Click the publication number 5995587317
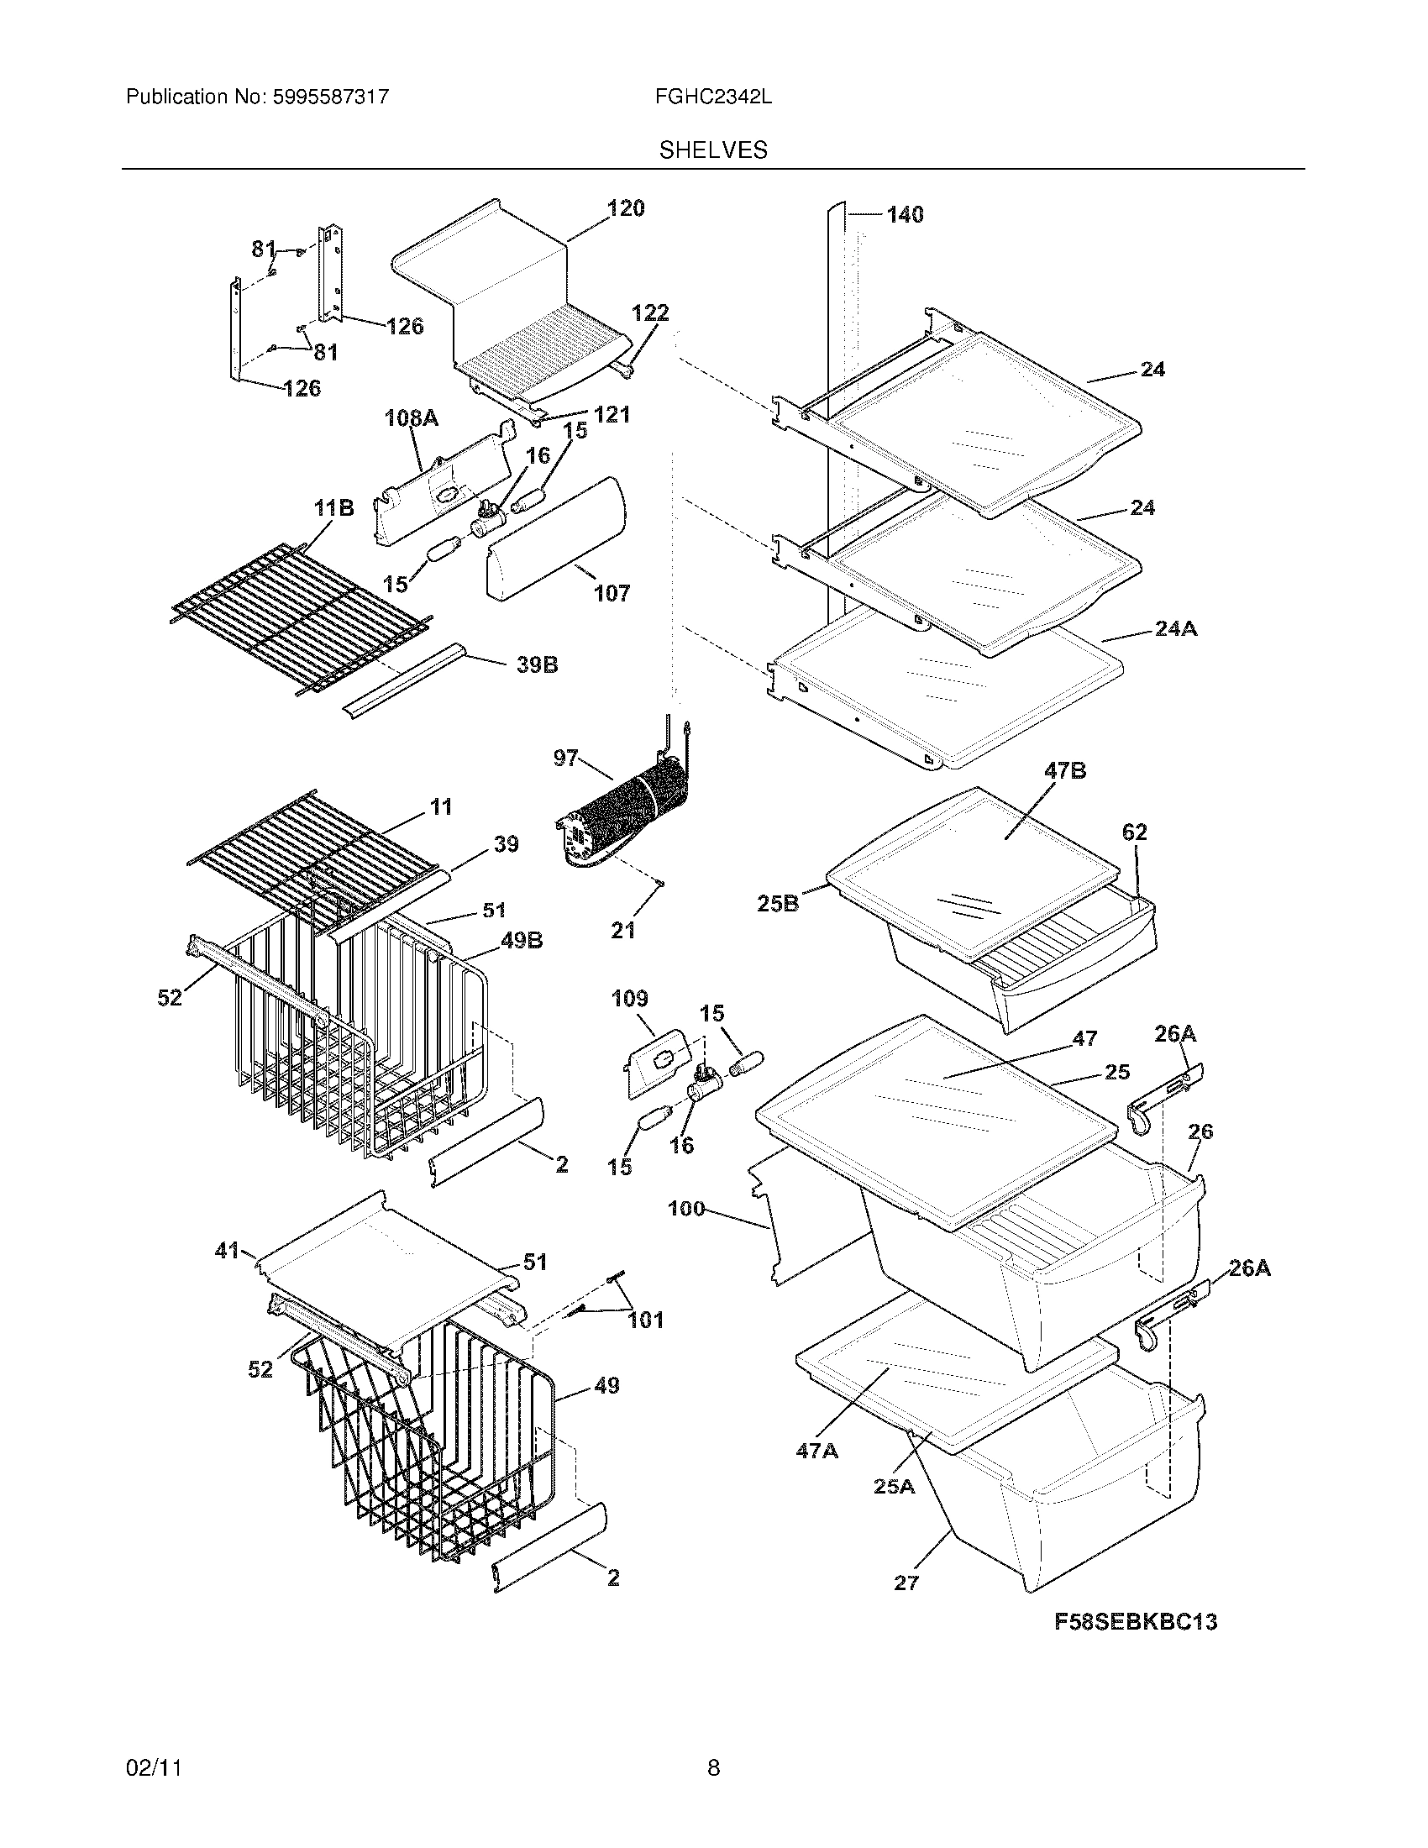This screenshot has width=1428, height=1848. pyautogui.click(x=331, y=97)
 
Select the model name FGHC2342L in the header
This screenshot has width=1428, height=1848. pyautogui.click(x=712, y=97)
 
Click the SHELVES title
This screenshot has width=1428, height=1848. pyautogui.click(x=713, y=150)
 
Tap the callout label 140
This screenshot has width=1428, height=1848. pyautogui.click(x=905, y=215)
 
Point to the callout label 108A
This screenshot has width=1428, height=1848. pyautogui.click(x=412, y=418)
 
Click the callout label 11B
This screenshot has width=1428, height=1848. pyautogui.click(x=333, y=508)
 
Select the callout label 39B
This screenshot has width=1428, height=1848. pyautogui.click(x=537, y=665)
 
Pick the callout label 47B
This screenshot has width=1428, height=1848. pyautogui.click(x=1065, y=771)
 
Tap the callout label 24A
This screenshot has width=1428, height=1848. pyautogui.click(x=1176, y=628)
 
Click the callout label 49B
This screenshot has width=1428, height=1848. pyautogui.click(x=522, y=940)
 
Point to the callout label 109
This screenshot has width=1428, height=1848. pyautogui.click(x=629, y=999)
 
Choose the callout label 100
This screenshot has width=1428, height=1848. pyautogui.click(x=686, y=1208)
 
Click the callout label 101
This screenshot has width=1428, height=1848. pyautogui.click(x=645, y=1320)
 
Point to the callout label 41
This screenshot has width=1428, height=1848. pyautogui.click(x=227, y=1250)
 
